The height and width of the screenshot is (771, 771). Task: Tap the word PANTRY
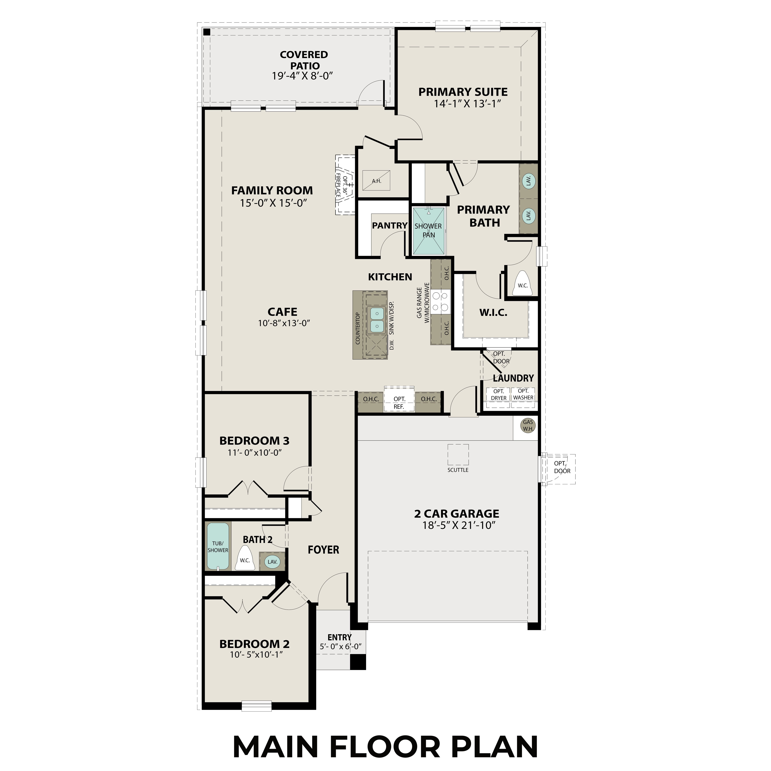click(390, 225)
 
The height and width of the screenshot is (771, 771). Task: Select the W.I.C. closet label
click(493, 313)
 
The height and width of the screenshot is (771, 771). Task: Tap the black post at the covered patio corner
click(206, 32)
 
